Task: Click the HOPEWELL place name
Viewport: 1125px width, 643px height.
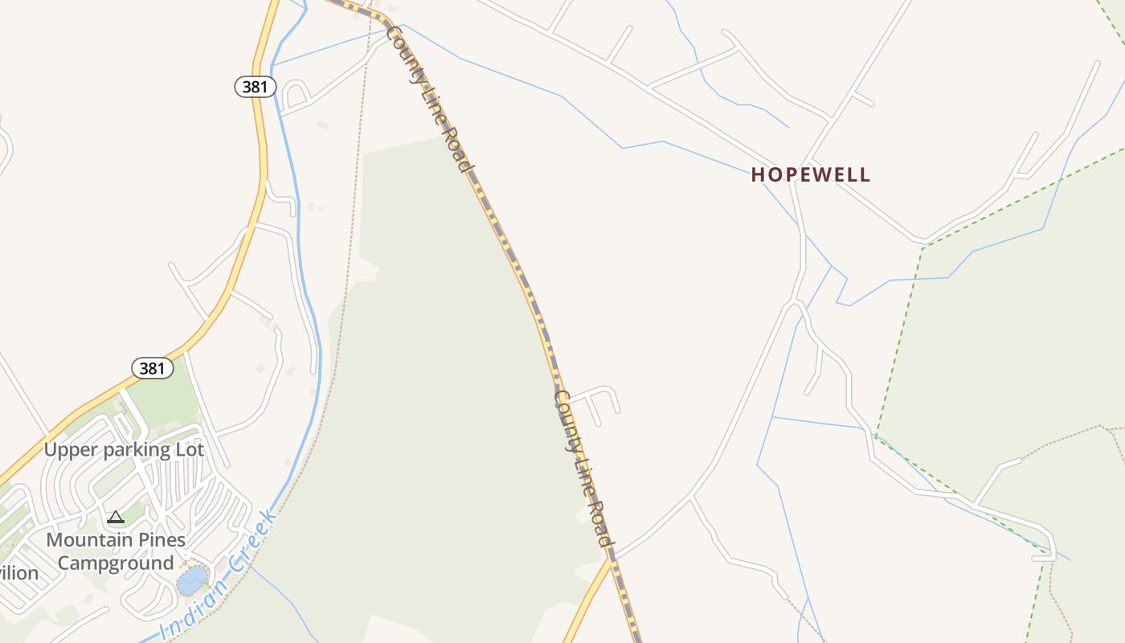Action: click(x=810, y=174)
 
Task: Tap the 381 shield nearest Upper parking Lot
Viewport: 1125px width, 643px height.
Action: click(x=153, y=368)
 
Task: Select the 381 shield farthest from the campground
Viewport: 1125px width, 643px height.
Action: click(x=256, y=87)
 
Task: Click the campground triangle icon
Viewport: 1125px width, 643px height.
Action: click(x=116, y=517)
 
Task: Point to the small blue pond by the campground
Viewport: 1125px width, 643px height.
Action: click(x=191, y=580)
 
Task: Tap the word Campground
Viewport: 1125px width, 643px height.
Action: click(x=116, y=563)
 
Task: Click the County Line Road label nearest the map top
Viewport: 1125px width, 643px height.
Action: click(x=427, y=98)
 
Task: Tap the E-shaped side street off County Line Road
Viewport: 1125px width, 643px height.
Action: click(x=599, y=402)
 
